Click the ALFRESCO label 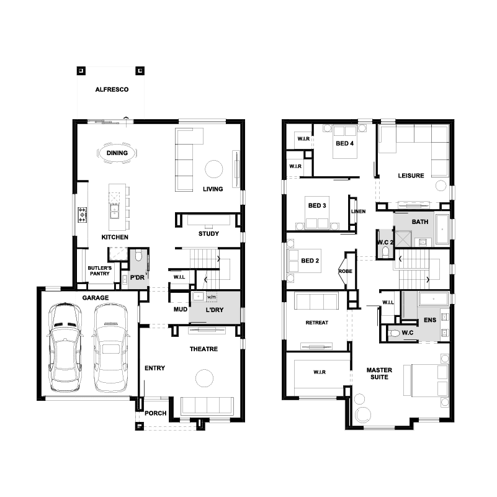click(112, 89)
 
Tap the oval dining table click(117, 153)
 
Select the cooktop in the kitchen click(83, 215)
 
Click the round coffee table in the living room click(214, 169)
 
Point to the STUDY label click(208, 233)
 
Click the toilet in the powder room click(138, 255)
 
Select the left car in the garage click(65, 347)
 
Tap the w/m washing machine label click(212, 297)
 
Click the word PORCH click(155, 413)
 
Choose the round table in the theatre click(204, 378)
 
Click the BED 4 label click(344, 143)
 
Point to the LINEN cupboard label click(358, 212)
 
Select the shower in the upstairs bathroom click(403, 240)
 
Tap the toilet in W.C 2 click(385, 252)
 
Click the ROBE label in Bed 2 click(345, 271)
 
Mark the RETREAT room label click(317, 323)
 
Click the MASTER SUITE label click(379, 374)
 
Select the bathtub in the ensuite click(433, 299)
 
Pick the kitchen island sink click(114, 211)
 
